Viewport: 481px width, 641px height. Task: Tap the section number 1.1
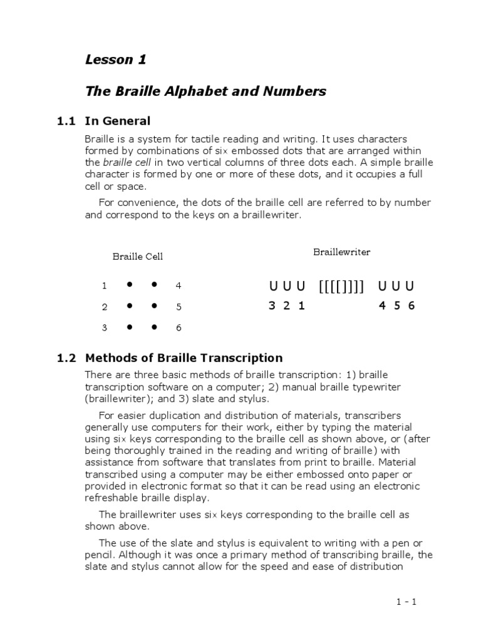66,121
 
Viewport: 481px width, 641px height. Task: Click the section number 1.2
66,358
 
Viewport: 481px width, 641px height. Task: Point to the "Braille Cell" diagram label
138,256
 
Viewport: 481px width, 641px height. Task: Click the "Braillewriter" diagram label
341,252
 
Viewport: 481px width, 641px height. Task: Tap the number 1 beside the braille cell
105,285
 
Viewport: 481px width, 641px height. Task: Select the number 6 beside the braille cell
178,328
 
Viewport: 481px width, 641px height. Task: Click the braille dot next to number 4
153,284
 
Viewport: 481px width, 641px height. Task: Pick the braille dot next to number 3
129,327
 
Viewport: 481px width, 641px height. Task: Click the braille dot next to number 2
129,305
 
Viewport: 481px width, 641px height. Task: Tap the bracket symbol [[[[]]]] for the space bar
341,287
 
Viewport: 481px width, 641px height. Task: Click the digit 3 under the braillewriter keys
272,306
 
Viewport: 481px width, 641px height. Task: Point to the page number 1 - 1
406,602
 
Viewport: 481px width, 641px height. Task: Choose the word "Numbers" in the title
297,91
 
